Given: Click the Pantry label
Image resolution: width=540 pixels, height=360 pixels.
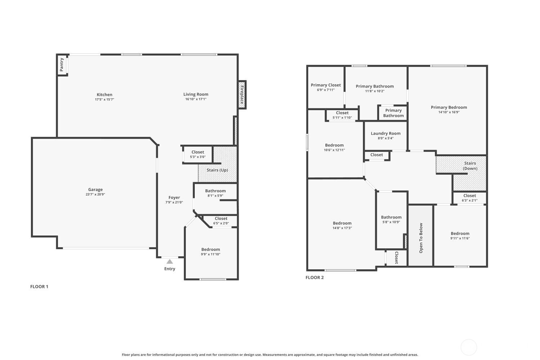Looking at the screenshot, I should (x=62, y=64).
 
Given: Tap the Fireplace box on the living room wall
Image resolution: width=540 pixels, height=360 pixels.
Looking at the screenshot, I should (x=242, y=95).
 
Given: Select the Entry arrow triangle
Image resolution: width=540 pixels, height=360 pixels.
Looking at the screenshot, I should (x=170, y=262).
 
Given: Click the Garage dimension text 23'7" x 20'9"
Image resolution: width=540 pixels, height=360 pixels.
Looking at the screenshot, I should (x=95, y=194).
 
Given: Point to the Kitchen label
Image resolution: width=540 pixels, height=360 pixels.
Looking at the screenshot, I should (x=104, y=95).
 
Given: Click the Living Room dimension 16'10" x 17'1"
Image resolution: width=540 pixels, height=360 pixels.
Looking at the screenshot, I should (x=196, y=99).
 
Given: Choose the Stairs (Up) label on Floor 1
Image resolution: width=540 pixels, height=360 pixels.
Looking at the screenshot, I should (x=217, y=170).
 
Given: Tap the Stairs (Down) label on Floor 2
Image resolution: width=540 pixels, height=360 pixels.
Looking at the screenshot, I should (x=470, y=166).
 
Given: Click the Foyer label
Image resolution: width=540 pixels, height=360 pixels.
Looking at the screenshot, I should (x=174, y=197).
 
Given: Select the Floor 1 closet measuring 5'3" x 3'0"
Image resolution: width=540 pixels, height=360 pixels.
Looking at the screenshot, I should (x=198, y=154).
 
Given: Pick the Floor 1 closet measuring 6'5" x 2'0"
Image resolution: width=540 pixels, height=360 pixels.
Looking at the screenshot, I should (x=221, y=221).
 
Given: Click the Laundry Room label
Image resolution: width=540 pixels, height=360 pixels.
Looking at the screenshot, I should (x=386, y=133).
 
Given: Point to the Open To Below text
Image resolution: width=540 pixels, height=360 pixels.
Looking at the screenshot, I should (x=421, y=238).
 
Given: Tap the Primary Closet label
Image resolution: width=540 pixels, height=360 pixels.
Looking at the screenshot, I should (x=326, y=85).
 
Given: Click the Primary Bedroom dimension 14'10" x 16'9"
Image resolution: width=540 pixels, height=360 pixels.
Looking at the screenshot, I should (x=449, y=112).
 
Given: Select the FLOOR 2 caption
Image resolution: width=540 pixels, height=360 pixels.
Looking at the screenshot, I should (x=315, y=278).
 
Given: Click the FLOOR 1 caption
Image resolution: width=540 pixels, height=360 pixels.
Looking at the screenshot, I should (x=39, y=287).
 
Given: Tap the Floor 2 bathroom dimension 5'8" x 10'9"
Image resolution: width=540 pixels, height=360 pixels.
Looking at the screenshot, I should (x=391, y=222).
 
